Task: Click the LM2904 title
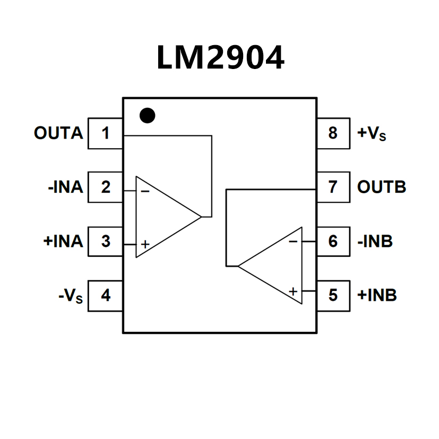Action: [x=220, y=57]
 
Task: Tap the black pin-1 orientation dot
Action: [x=147, y=115]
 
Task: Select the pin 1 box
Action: [x=105, y=133]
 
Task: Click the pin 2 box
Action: [x=105, y=187]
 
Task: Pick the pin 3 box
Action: [x=105, y=241]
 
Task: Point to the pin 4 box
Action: [x=105, y=295]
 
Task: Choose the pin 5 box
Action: [x=333, y=295]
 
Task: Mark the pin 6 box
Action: [x=333, y=241]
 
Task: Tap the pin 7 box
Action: [x=333, y=187]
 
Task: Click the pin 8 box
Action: [x=333, y=133]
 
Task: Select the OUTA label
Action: [x=58, y=133]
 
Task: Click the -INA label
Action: [x=65, y=187]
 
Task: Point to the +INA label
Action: [x=63, y=241]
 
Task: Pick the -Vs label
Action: [x=71, y=296]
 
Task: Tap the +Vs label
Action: [x=372, y=133]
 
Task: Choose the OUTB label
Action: [x=382, y=187]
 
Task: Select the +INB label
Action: [x=377, y=295]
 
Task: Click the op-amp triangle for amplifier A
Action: [x=162, y=217]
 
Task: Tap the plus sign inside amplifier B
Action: [x=292, y=291]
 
